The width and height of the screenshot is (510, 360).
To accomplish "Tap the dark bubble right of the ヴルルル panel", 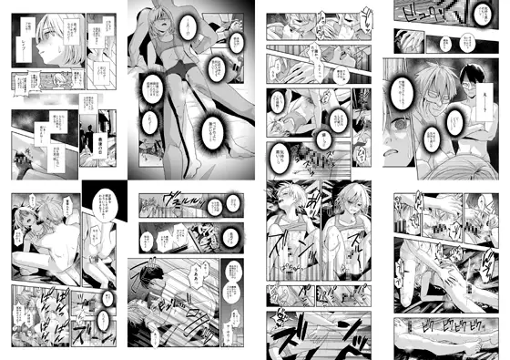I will pos(238,235).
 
